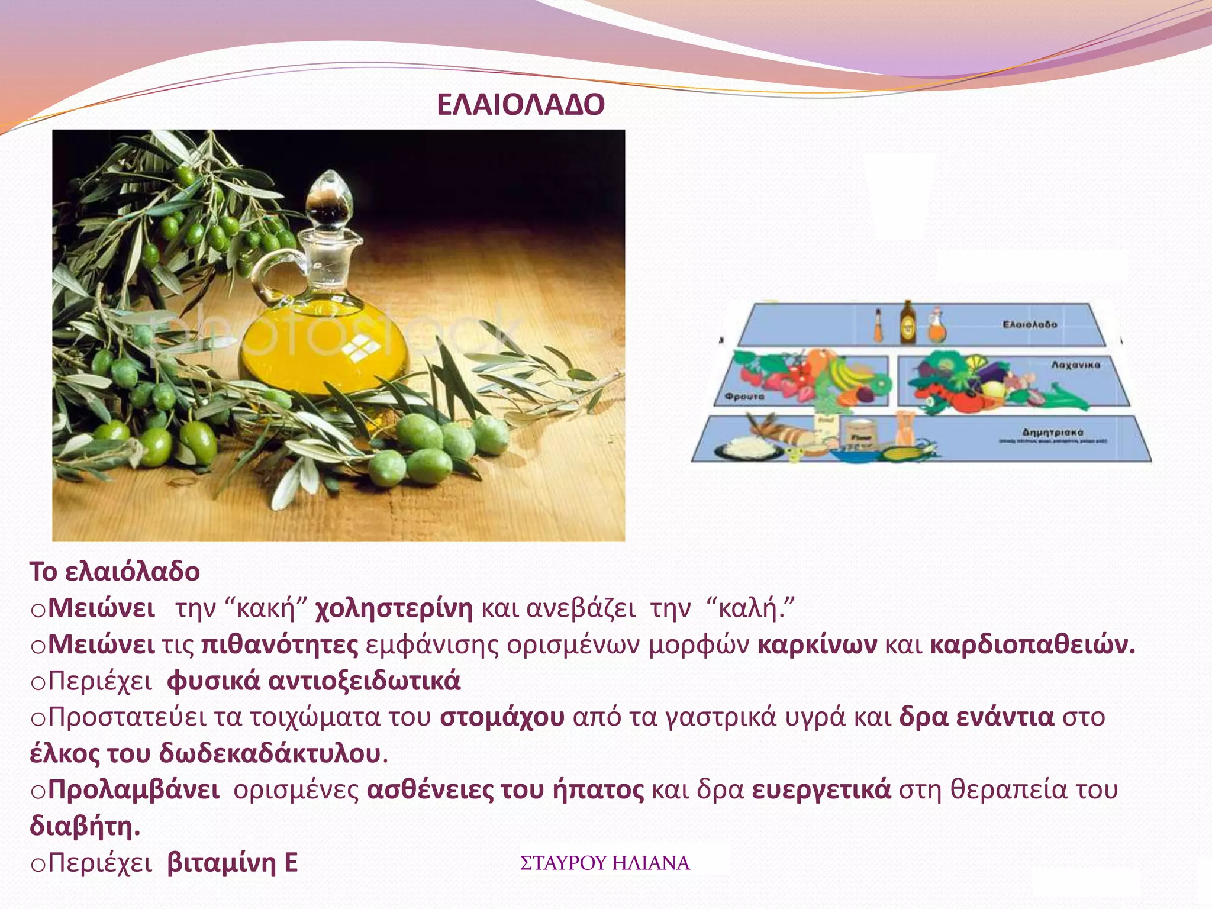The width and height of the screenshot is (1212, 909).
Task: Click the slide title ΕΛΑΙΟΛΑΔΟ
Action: pyautogui.click(x=520, y=105)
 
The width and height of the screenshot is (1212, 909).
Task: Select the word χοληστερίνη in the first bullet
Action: pyautogui.click(x=394, y=608)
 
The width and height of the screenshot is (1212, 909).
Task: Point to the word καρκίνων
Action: pyautogui.click(x=817, y=644)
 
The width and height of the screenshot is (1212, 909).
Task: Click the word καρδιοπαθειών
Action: pyautogui.click(x=1032, y=644)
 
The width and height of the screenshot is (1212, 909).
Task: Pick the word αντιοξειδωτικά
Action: pyautogui.click(x=364, y=681)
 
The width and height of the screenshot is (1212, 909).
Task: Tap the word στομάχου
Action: pyautogui.click(x=502, y=717)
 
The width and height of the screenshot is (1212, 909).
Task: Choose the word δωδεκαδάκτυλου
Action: pyautogui.click(x=270, y=754)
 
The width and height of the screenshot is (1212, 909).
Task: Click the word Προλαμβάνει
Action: pyautogui.click(x=133, y=790)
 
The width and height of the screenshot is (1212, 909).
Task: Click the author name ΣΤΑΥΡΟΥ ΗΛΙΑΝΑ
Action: pyautogui.click(x=605, y=863)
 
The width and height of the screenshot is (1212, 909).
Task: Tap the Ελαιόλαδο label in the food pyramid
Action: pyautogui.click(x=1029, y=324)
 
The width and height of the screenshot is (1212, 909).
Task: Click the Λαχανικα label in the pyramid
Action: pyautogui.click(x=1075, y=365)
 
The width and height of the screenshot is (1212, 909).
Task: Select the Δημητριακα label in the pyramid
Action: pyautogui.click(x=1052, y=433)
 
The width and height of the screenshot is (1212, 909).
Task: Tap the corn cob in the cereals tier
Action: pyautogui.click(x=902, y=454)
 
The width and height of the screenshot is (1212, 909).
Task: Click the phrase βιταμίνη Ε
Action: pyautogui.click(x=233, y=863)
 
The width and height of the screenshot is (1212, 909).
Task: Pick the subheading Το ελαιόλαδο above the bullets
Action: pyautogui.click(x=115, y=572)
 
